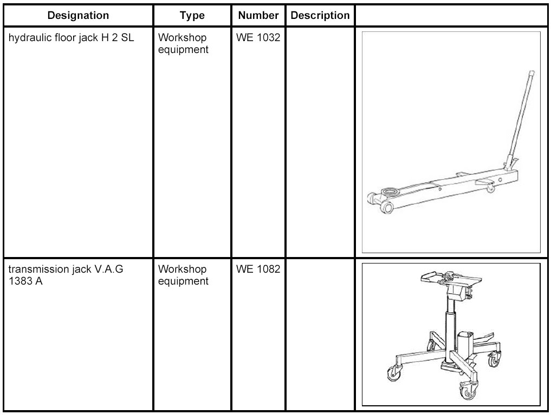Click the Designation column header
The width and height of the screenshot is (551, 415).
(78, 15)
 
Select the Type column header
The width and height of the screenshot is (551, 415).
(192, 15)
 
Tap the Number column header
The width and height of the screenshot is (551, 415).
(258, 15)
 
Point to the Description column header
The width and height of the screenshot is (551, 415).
(320, 15)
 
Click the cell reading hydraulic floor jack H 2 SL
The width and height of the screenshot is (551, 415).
(71, 38)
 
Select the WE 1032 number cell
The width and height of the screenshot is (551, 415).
(258, 38)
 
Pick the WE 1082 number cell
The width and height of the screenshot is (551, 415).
(258, 269)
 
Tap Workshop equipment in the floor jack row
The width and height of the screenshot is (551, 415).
(183, 44)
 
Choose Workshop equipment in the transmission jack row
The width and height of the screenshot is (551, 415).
(183, 275)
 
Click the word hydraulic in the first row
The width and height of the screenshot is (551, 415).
(27, 38)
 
